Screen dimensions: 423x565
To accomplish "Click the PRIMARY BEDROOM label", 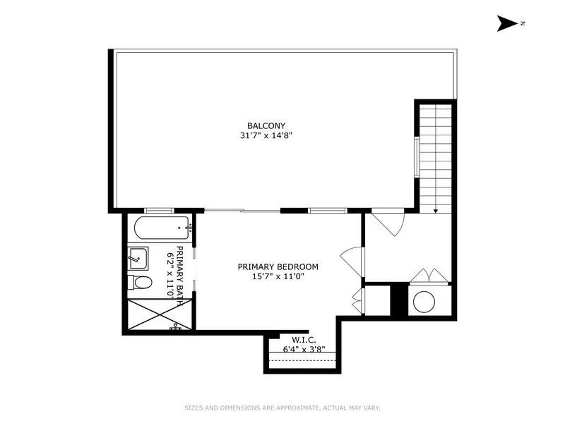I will coord(278,266).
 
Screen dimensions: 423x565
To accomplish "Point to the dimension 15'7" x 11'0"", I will coord(278,276).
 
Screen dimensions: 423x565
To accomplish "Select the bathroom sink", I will coord(138,258).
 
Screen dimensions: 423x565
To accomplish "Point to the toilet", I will coord(141,283).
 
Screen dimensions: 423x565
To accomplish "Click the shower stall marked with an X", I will coord(151,315).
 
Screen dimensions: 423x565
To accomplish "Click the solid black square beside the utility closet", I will coord(399,299).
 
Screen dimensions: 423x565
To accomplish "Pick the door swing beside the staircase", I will coord(387,220).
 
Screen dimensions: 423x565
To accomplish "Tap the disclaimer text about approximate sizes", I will coord(282,407).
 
